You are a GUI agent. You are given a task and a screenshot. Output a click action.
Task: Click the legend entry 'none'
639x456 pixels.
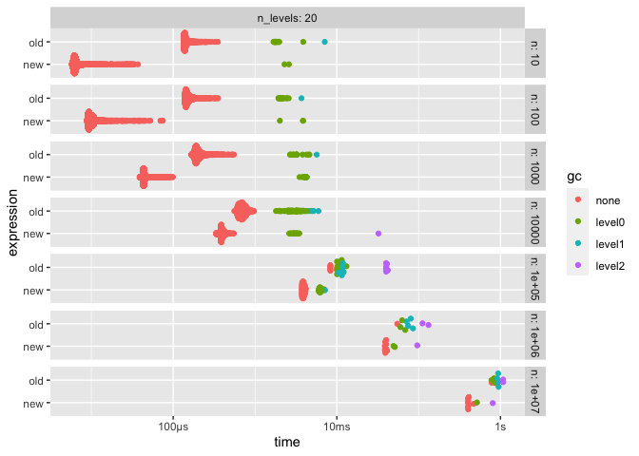(608, 200)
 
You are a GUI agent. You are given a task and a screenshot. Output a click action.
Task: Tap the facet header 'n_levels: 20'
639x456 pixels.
(286, 18)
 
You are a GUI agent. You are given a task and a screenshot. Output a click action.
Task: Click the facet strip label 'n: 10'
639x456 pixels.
(535, 53)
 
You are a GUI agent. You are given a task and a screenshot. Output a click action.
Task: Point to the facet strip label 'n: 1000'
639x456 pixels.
(535, 165)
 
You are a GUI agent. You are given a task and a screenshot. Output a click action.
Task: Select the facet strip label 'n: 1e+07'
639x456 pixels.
(535, 391)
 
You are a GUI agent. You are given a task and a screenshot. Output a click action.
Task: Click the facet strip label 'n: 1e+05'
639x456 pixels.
(535, 278)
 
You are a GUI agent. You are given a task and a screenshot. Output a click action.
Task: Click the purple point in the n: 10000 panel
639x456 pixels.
(378, 233)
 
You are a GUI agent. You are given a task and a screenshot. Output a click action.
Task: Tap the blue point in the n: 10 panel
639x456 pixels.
(324, 42)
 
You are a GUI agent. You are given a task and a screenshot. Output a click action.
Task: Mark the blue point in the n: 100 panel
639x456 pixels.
(301, 98)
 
